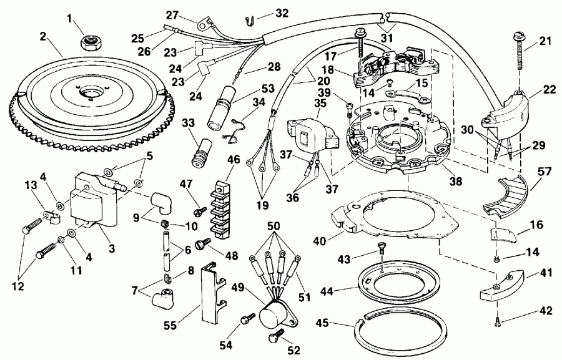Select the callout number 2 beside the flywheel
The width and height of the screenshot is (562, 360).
pos(42,37)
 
